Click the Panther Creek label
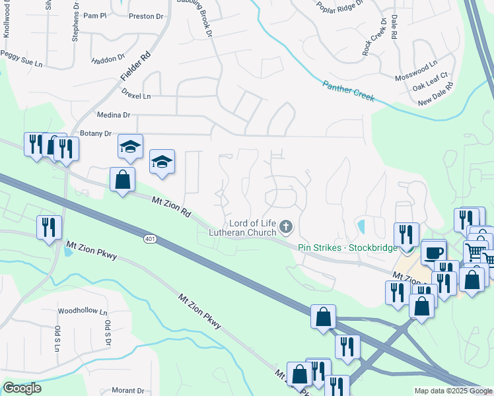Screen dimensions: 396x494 click(x=348, y=91)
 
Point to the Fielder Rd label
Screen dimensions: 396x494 click(x=135, y=68)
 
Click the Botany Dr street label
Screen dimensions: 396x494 click(x=95, y=133)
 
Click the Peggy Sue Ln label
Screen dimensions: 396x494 click(x=24, y=64)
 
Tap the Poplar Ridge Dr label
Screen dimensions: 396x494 click(x=340, y=7)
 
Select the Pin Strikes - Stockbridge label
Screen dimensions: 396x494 click(x=347, y=247)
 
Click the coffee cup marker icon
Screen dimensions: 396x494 click(x=434, y=252)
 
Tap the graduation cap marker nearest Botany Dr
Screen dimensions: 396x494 click(x=131, y=147)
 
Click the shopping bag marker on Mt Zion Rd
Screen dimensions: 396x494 click(x=123, y=179)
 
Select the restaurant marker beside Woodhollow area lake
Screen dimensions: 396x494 click(x=49, y=228)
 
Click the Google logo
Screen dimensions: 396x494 click(x=22, y=388)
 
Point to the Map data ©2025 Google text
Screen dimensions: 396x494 click(x=452, y=391)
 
